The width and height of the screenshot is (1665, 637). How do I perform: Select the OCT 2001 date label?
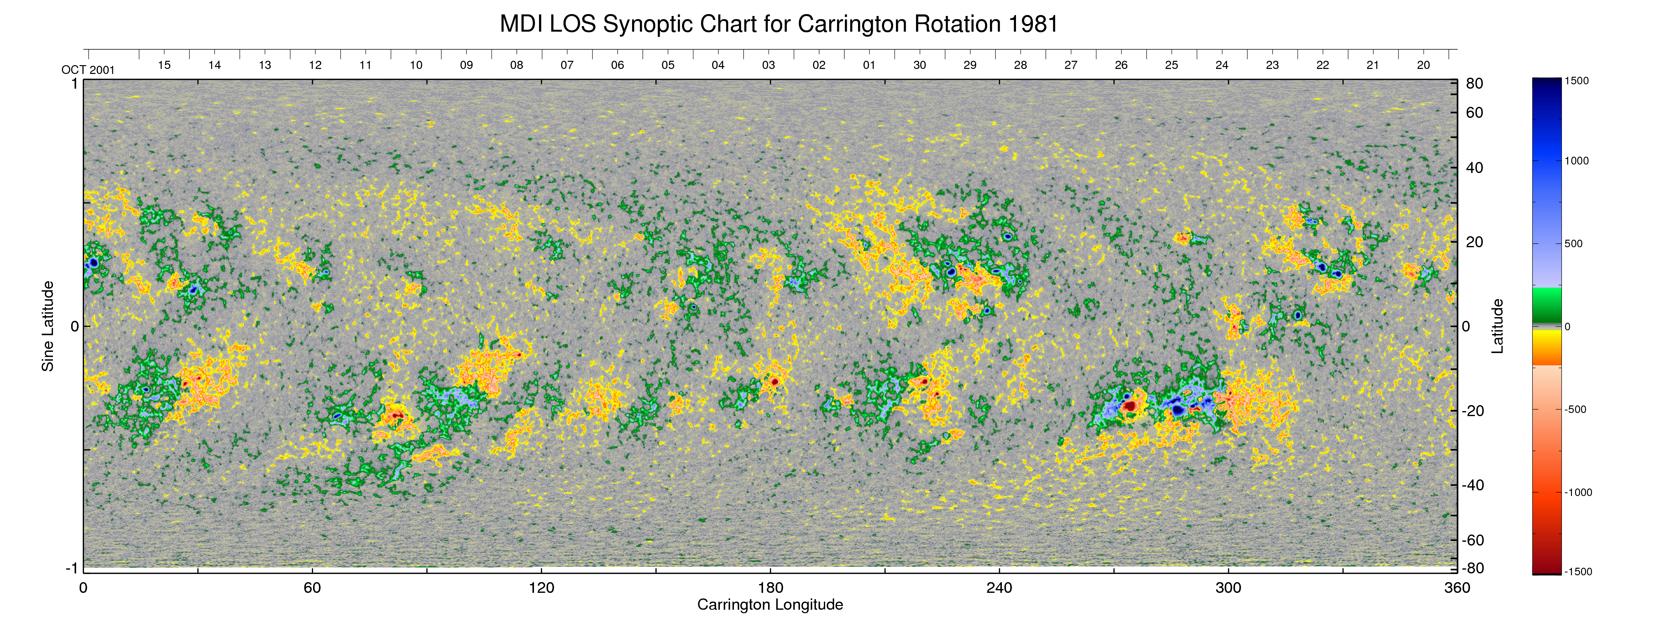pyautogui.click(x=88, y=70)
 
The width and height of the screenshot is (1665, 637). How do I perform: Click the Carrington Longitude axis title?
pyautogui.click(x=770, y=605)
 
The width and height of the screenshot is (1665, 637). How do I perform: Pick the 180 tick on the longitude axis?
pyautogui.click(x=770, y=588)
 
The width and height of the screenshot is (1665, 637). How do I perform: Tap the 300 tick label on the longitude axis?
pyautogui.click(x=1228, y=588)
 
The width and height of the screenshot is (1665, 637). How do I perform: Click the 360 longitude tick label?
pyautogui.click(x=1457, y=588)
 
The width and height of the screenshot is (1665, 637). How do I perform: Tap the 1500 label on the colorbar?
pyautogui.click(x=1576, y=81)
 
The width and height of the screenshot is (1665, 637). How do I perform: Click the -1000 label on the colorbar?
pyautogui.click(x=1578, y=492)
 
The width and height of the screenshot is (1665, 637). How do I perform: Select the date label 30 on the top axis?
pyautogui.click(x=919, y=65)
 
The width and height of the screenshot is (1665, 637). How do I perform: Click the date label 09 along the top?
pyautogui.click(x=466, y=65)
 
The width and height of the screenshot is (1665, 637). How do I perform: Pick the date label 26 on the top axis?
pyautogui.click(x=1121, y=65)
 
